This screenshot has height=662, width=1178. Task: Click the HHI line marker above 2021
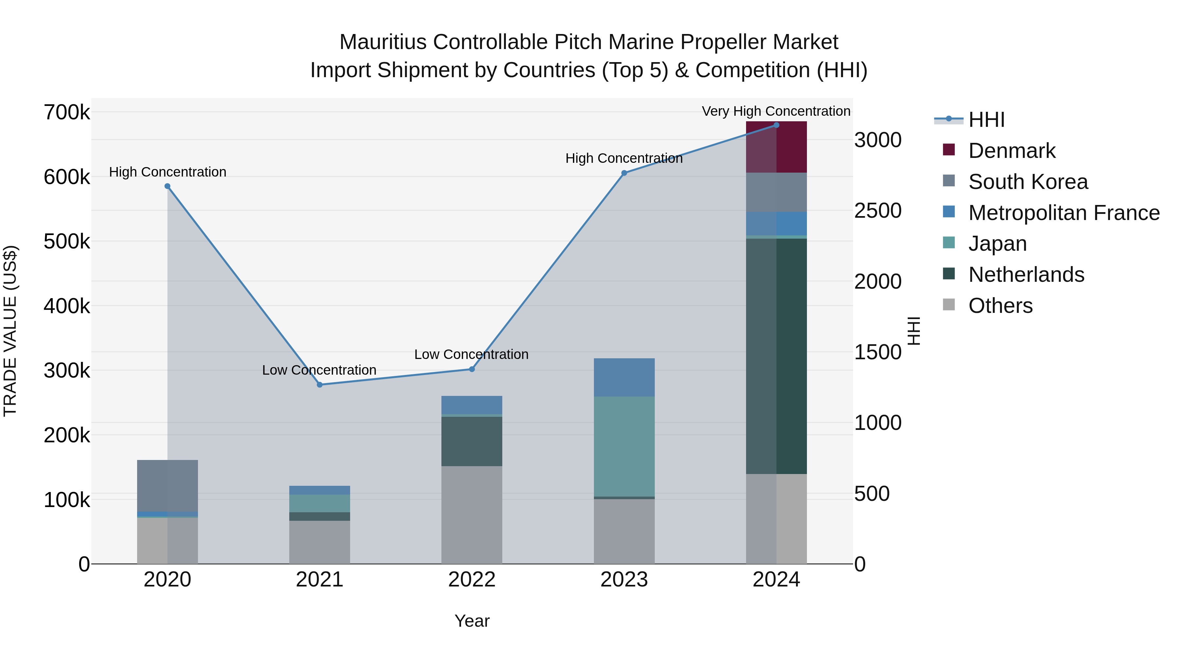click(320, 385)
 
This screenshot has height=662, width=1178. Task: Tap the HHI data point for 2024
click(776, 125)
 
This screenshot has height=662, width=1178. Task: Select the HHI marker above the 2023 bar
click(624, 173)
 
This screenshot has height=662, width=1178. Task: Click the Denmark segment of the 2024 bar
click(776, 147)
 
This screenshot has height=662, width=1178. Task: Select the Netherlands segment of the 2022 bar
click(472, 441)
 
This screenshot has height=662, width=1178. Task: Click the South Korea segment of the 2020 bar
click(167, 486)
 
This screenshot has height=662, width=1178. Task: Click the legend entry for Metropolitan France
click(1064, 213)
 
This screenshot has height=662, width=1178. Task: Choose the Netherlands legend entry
click(1026, 275)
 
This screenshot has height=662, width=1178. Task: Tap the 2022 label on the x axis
click(472, 580)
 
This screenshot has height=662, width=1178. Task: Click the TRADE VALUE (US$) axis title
click(10, 331)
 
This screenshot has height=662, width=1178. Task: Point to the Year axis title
click(472, 621)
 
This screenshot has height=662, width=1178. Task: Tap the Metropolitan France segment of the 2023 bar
click(624, 377)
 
